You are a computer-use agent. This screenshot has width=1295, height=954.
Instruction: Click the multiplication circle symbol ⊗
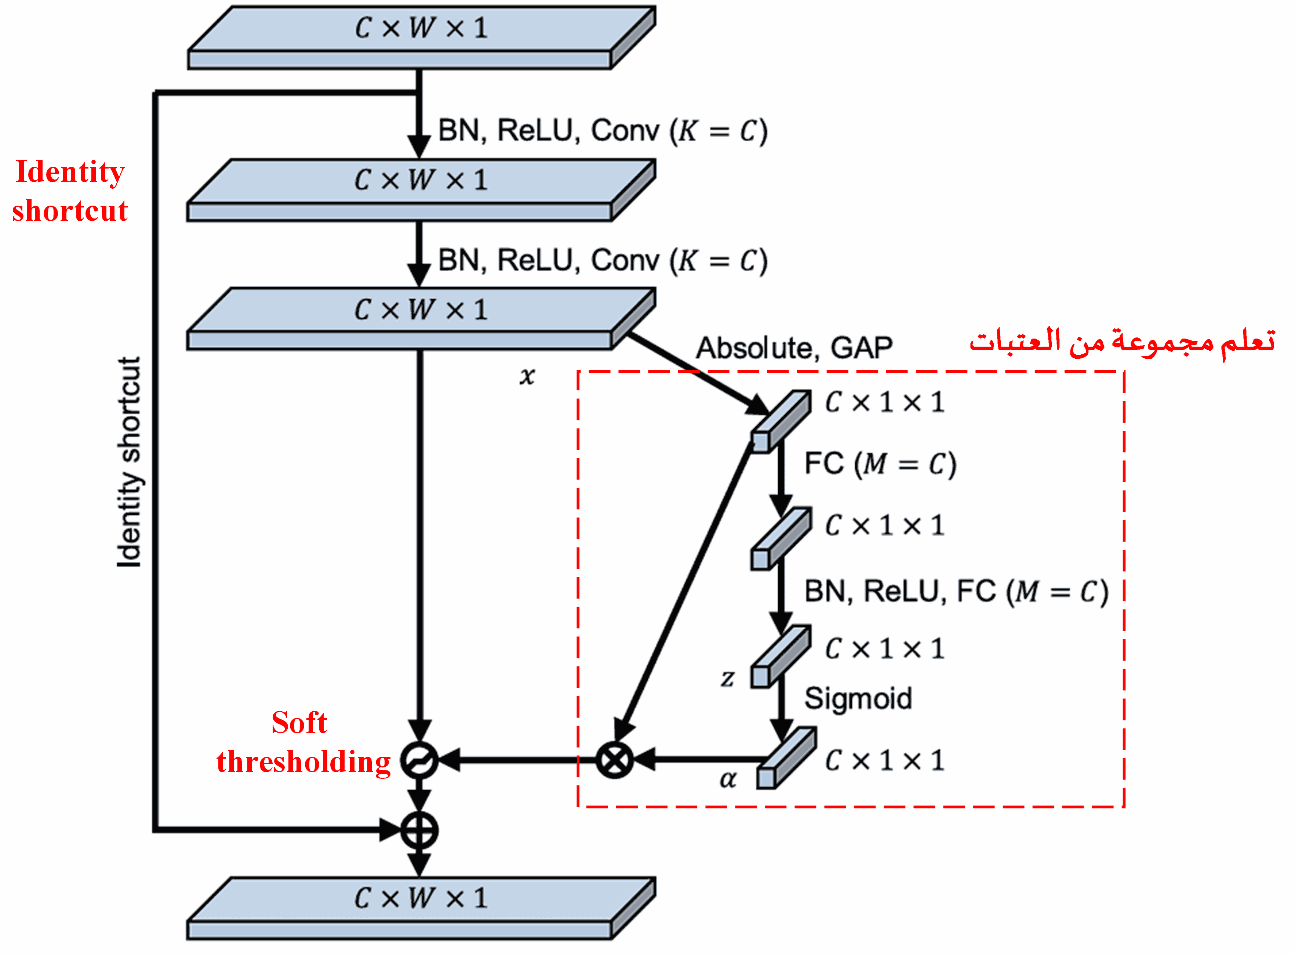[x=614, y=760]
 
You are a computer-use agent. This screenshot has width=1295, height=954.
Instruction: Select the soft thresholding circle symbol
[x=419, y=760]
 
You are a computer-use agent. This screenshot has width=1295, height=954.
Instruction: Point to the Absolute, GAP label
[x=794, y=348]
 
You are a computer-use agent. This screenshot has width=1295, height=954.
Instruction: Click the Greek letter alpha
[x=728, y=780]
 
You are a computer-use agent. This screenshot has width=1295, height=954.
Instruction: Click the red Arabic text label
[x=1122, y=342]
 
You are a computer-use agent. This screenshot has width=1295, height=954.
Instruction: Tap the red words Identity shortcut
[x=70, y=191]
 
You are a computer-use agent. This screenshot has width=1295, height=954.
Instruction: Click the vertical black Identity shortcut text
[x=129, y=462]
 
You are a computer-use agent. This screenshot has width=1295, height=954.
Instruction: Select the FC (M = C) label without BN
[x=880, y=464]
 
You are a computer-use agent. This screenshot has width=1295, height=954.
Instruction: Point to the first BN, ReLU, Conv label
[x=603, y=131]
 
